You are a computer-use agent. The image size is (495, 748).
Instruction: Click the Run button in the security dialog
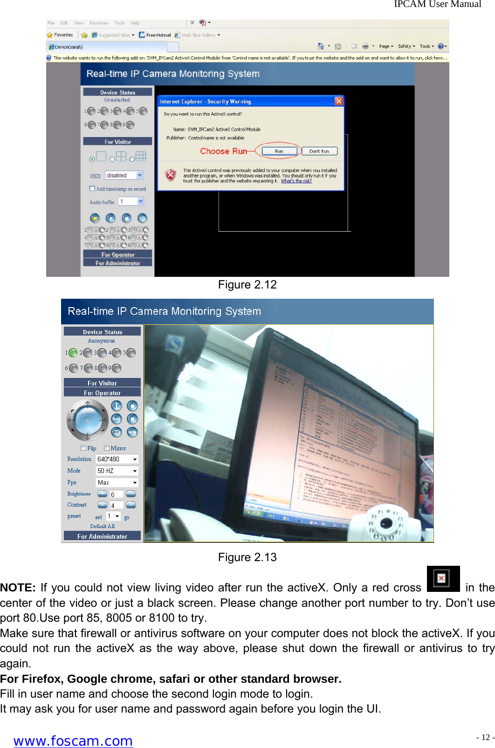pyautogui.click(x=279, y=151)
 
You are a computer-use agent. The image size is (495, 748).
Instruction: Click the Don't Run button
pyautogui.click(x=319, y=151)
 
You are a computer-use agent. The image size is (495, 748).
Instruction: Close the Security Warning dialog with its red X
pyautogui.click(x=339, y=101)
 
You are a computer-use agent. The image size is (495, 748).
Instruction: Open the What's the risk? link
pyautogui.click(x=296, y=181)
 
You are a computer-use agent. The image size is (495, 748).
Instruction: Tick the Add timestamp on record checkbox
pyautogui.click(x=92, y=189)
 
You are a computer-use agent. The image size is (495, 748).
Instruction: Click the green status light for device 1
pyautogui.click(x=73, y=353)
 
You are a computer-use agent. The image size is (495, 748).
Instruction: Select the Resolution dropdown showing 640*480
pyautogui.click(x=117, y=459)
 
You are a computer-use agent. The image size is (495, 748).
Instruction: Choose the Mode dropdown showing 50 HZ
pyautogui.click(x=117, y=471)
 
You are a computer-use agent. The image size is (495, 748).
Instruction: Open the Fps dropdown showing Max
pyautogui.click(x=117, y=482)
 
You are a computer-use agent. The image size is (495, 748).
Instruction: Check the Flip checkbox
pyautogui.click(x=83, y=448)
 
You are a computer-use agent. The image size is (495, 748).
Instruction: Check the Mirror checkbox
pyautogui.click(x=107, y=448)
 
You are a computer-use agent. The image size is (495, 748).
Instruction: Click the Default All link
pyautogui.click(x=102, y=526)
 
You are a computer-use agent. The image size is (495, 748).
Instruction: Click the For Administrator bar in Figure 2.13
pyautogui.click(x=102, y=536)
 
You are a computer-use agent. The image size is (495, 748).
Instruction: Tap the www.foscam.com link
pyautogui.click(x=73, y=741)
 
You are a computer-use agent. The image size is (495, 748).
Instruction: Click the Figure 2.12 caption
pyautogui.click(x=247, y=285)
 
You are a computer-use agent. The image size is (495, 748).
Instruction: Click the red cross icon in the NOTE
pyautogui.click(x=443, y=578)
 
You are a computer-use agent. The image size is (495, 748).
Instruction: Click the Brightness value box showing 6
pyautogui.click(x=117, y=494)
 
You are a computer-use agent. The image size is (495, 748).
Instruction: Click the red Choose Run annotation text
pyautogui.click(x=223, y=151)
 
